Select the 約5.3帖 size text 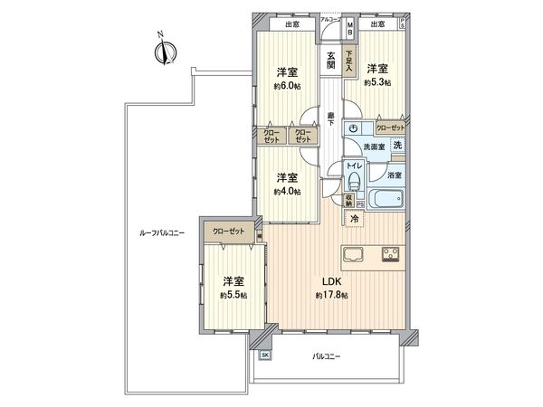click(x=376, y=81)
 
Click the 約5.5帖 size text click(x=233, y=296)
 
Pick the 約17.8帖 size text click(x=330, y=296)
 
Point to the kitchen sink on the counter click(x=354, y=251)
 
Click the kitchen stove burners click(x=391, y=251)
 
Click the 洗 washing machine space click(x=397, y=147)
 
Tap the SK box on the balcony click(x=265, y=355)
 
